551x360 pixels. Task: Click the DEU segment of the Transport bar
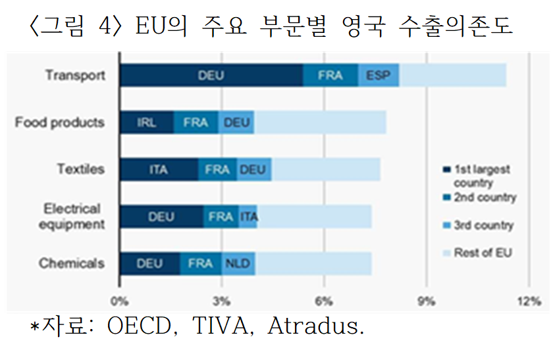tap(211, 75)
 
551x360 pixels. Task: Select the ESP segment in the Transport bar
tap(379, 75)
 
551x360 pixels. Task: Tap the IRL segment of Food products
tap(147, 122)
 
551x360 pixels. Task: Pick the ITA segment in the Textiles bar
tap(159, 169)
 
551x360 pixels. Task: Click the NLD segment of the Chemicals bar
tap(238, 263)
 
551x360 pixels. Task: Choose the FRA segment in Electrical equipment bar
tap(221, 217)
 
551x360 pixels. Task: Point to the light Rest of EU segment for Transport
tap(453, 75)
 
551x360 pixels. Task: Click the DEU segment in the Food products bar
tap(236, 122)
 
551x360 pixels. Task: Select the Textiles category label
tap(81, 169)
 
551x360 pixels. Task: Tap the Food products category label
tap(60, 122)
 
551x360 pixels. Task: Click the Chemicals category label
tap(72, 263)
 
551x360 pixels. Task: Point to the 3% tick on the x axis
tap(221, 301)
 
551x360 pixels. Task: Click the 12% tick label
tap(529, 301)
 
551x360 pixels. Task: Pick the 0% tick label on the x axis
tap(119, 301)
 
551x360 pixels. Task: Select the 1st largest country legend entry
tap(476, 176)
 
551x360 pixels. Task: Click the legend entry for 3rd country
tap(479, 225)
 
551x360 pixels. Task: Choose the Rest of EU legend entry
tap(477, 253)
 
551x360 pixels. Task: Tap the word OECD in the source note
tap(139, 326)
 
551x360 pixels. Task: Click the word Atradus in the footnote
tap(313, 326)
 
